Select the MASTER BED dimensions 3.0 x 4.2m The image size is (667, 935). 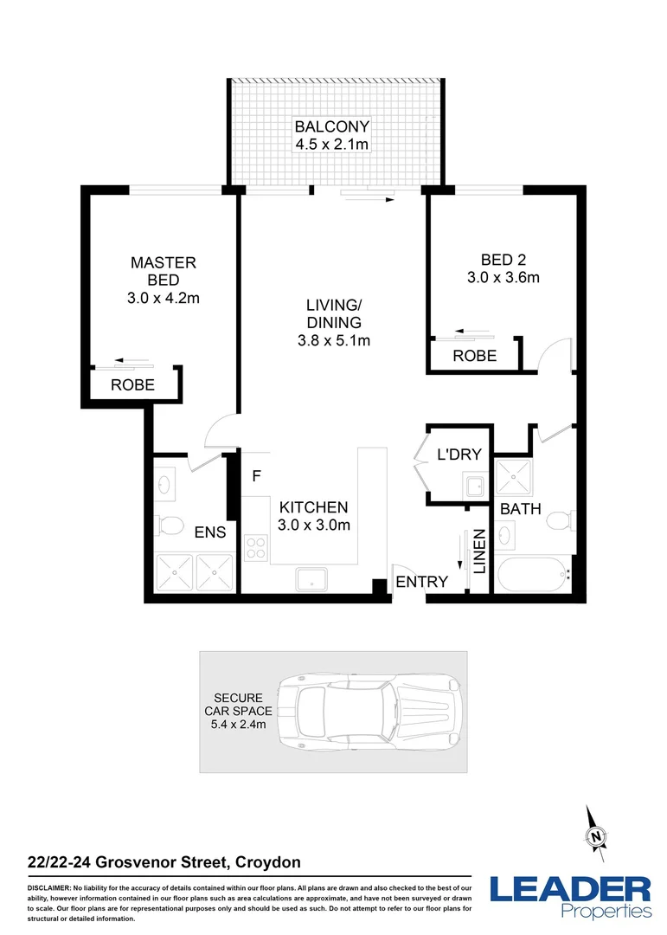pyautogui.click(x=164, y=298)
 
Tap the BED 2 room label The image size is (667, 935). pyautogui.click(x=503, y=259)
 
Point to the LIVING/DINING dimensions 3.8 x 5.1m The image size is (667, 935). pyautogui.click(x=333, y=340)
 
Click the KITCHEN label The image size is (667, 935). pyautogui.click(x=313, y=507)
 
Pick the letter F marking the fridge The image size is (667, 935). pyautogui.click(x=256, y=475)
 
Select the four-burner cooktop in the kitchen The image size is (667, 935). pyautogui.click(x=257, y=547)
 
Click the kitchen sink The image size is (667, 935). pyautogui.click(x=312, y=578)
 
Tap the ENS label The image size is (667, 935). pyautogui.click(x=210, y=532)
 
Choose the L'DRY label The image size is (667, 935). pyautogui.click(x=459, y=455)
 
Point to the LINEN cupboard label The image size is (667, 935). pyautogui.click(x=478, y=551)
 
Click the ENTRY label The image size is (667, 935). pyautogui.click(x=421, y=582)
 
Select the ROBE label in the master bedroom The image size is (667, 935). pyautogui.click(x=132, y=385)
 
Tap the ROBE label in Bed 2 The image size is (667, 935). pyautogui.click(x=474, y=356)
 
